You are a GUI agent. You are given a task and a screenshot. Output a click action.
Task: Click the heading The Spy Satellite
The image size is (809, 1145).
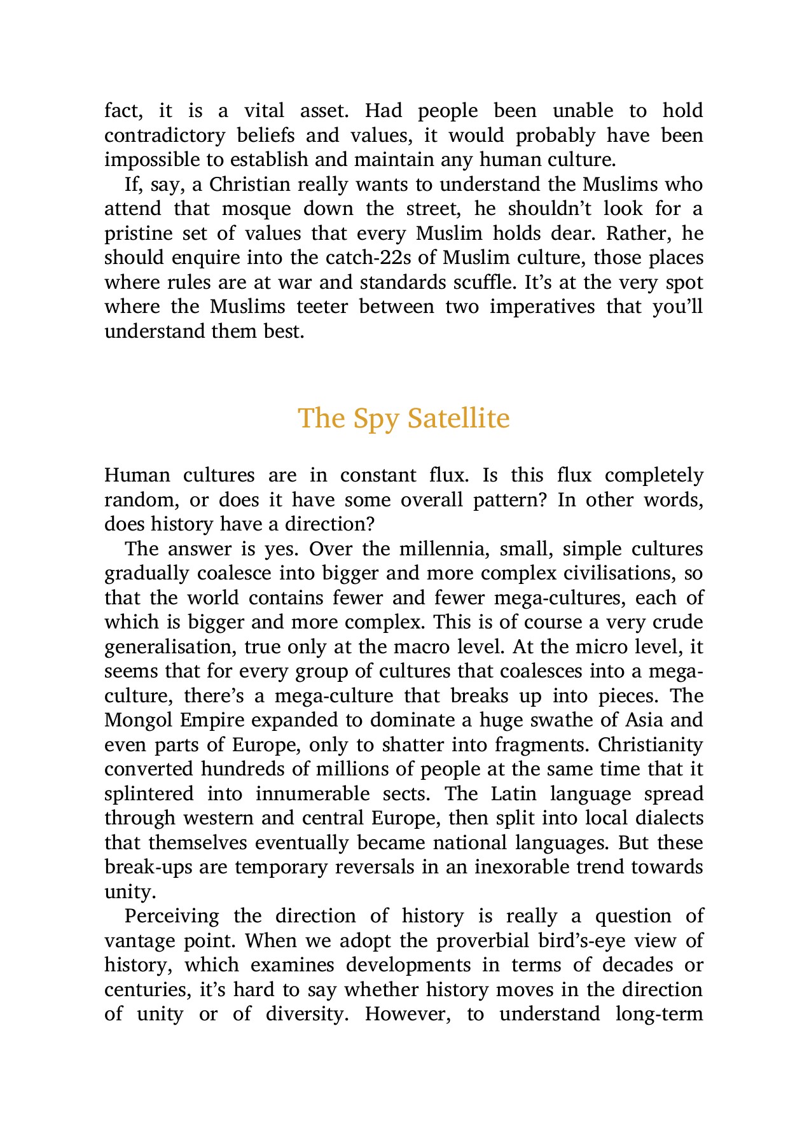pyautogui.click(x=404, y=419)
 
